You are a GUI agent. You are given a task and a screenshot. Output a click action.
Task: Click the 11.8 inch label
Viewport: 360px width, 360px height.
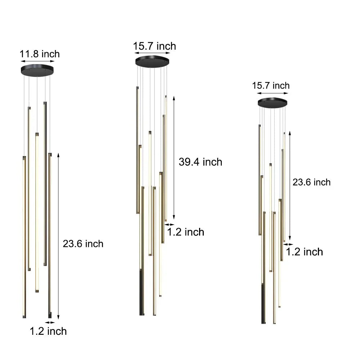(40, 54)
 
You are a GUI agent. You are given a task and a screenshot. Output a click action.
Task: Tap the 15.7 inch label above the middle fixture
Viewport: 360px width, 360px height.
(154, 46)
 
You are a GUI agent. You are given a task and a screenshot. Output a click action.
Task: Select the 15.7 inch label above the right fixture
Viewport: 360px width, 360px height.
(271, 85)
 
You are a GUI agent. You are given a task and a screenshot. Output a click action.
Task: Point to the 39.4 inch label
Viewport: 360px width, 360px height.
(201, 162)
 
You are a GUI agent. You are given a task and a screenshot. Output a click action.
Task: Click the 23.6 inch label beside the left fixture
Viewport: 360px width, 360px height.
(83, 244)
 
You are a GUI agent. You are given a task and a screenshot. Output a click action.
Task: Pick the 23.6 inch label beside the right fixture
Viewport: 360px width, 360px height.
(311, 182)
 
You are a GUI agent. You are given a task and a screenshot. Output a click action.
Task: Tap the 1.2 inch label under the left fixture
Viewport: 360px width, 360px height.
(48, 331)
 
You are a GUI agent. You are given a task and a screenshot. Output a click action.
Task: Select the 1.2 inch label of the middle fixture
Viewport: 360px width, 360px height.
(186, 232)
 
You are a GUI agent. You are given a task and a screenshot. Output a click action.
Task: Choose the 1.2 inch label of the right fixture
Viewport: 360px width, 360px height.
(305, 252)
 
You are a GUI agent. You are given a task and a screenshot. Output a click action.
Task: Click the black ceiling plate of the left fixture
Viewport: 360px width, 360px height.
(37, 69)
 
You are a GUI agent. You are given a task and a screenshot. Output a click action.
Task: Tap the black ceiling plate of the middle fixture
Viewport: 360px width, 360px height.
(152, 62)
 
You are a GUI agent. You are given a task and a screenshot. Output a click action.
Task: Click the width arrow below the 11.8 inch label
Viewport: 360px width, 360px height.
(37, 62)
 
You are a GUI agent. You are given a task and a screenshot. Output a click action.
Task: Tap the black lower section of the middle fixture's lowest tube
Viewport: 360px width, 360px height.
(141, 293)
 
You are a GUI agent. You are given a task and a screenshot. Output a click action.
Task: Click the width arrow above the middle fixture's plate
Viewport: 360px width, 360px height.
(152, 54)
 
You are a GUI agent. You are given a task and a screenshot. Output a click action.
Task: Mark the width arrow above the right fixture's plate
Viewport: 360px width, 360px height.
(273, 93)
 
